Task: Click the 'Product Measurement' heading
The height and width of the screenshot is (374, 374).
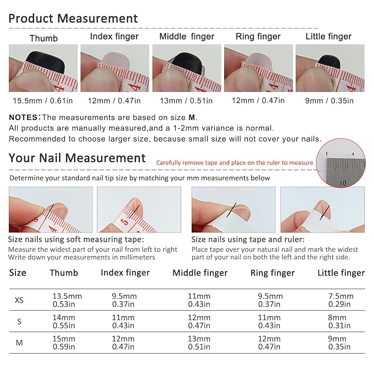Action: pos(73,18)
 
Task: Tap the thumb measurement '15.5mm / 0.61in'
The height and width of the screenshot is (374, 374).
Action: pos(43,101)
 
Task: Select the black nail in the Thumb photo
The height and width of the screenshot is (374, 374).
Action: pos(45,61)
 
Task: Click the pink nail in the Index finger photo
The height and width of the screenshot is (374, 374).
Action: pos(115,58)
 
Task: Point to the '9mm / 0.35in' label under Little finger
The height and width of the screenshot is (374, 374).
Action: pos(329,101)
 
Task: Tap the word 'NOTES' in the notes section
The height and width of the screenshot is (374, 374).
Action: pos(23,117)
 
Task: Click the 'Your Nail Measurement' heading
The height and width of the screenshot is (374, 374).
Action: pos(77,158)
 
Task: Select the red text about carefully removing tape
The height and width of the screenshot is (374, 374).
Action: pos(235,162)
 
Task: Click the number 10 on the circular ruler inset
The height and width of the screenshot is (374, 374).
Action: pos(343,183)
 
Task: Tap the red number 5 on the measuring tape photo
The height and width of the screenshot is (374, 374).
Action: pos(124,223)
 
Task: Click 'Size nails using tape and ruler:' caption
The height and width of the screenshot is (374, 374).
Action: pos(248,239)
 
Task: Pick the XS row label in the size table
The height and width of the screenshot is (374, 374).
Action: pos(19,300)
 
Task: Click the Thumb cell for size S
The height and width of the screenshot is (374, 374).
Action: pos(64,322)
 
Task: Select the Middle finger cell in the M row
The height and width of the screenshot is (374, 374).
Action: pos(199,343)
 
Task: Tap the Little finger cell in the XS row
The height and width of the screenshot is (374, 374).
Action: pos(340,300)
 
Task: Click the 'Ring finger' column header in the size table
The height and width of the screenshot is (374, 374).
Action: pos(273,273)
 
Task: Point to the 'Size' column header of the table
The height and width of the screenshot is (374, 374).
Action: pos(18,273)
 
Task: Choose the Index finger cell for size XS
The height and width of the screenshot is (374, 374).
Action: pos(124,300)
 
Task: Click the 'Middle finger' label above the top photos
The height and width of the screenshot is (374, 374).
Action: pos(187,36)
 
